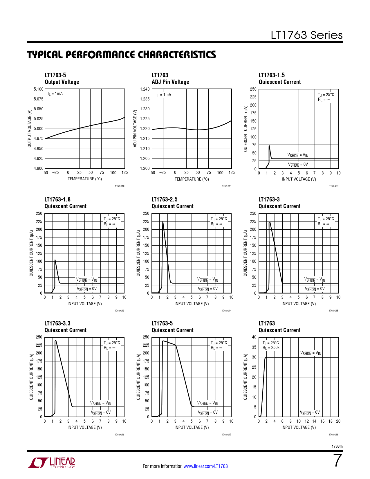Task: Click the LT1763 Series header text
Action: [306, 35]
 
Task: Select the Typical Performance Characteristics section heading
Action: [122, 55]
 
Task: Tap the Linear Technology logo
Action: [51, 463]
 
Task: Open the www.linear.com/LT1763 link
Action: [205, 466]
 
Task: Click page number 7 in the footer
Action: [337, 460]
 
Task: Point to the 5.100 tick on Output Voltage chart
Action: [39, 89]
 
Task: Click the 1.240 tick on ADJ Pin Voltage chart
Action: [145, 89]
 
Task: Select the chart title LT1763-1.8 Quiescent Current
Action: [65, 203]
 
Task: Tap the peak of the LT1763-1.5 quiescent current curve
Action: [269, 146]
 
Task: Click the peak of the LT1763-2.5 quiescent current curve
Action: [163, 222]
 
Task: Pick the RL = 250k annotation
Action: [272, 347]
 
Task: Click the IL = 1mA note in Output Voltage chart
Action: [55, 93]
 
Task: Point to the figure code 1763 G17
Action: [226, 435]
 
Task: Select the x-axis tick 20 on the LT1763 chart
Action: [338, 421]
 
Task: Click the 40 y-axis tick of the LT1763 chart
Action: [254, 337]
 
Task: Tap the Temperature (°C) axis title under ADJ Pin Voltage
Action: [192, 179]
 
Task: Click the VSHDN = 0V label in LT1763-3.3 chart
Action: [101, 413]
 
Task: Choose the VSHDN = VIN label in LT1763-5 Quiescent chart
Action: [207, 403]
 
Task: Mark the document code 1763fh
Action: [337, 446]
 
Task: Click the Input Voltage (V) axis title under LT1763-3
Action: [299, 304]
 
